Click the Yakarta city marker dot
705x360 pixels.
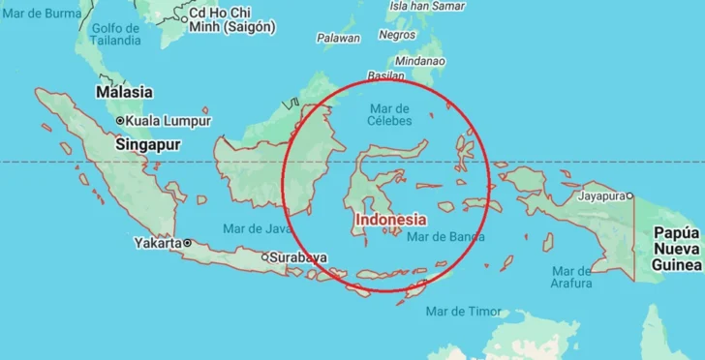pos(187,243)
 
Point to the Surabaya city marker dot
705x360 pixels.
pos(264,257)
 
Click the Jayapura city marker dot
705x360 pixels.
pos(629,196)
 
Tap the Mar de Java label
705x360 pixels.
pos(257,228)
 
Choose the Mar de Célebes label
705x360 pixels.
pos(389,114)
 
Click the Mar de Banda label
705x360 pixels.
pos(445,236)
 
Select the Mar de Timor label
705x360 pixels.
pos(464,311)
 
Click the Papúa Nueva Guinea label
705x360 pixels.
pos(676,249)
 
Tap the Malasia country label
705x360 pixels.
pos(124,92)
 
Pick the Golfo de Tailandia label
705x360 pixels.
pos(115,34)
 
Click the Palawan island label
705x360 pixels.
pos(338,38)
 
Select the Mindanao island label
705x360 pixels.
pos(419,60)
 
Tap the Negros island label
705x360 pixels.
pos(397,35)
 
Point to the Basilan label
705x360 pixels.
pos(385,75)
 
